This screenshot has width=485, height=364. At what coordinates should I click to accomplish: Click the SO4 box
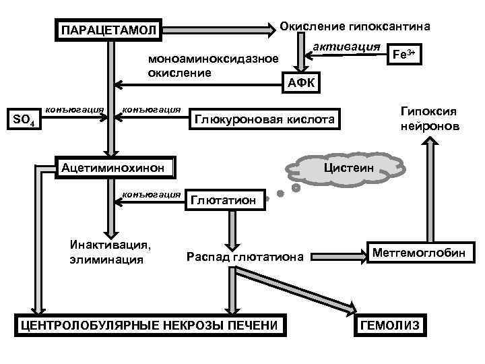tap(26, 120)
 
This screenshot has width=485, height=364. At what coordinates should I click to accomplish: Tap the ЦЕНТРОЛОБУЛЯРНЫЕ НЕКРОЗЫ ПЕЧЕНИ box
tap(149, 325)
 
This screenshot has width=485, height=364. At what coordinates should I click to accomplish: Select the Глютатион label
tap(224, 200)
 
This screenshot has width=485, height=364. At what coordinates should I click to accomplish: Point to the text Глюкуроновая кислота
tap(264, 119)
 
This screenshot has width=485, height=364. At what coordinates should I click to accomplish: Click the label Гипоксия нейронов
tap(428, 118)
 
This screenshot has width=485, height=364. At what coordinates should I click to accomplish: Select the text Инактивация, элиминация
tap(110, 251)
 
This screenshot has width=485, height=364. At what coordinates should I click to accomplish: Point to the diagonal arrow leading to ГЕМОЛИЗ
tap(296, 291)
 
